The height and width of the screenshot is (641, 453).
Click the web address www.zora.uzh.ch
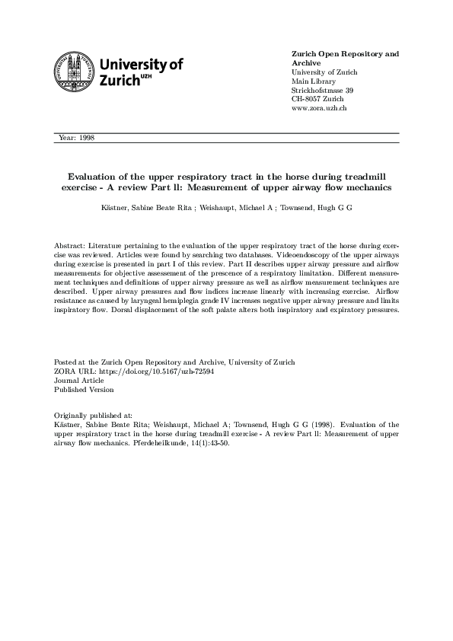pyautogui.click(x=320, y=109)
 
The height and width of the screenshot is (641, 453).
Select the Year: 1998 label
pyautogui.click(x=76, y=138)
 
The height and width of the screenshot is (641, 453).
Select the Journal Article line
pyautogui.click(x=80, y=380)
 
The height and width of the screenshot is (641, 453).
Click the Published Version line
pyautogui.click(x=84, y=389)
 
